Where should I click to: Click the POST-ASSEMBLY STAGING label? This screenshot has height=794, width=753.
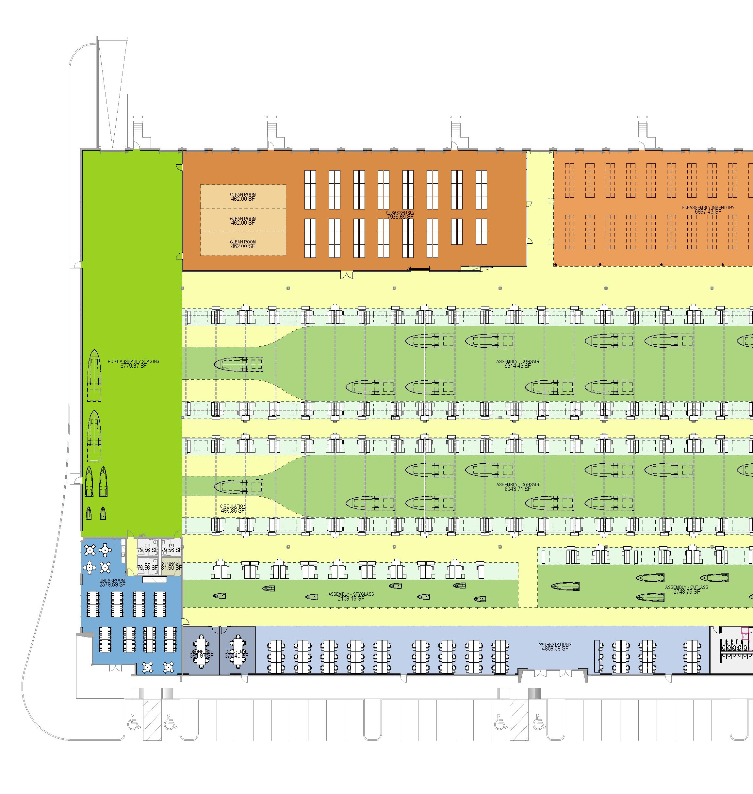tap(133, 361)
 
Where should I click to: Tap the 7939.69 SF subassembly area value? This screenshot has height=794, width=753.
tap(400, 217)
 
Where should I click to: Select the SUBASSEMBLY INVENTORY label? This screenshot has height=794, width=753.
tap(708, 207)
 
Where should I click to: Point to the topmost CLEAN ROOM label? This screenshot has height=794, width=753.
tap(243, 195)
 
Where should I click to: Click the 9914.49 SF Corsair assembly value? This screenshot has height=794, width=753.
tap(517, 366)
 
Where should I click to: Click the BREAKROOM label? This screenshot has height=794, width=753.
tap(112, 580)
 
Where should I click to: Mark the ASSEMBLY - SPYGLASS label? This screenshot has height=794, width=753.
tap(351, 594)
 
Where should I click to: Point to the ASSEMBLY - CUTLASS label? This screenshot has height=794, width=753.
tap(686, 587)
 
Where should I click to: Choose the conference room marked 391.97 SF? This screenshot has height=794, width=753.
tap(202, 653)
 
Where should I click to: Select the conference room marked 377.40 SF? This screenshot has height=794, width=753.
tap(237, 653)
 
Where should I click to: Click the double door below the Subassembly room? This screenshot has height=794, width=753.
tap(346, 275)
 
